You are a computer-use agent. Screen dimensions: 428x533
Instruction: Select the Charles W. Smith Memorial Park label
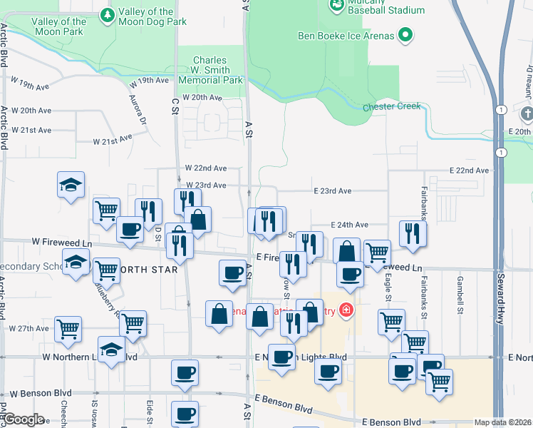210,71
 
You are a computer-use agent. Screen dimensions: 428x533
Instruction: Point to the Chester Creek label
392,107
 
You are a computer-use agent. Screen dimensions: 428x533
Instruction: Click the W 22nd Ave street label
206,168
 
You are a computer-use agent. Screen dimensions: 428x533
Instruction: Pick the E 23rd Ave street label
333,191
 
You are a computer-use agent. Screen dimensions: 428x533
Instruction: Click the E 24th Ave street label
349,225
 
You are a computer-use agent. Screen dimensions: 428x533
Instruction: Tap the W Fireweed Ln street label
62,244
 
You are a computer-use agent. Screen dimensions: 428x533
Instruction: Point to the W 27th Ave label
29,329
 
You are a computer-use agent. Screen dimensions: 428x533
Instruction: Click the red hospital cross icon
346,310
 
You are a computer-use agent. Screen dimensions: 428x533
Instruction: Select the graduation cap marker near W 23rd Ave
71,185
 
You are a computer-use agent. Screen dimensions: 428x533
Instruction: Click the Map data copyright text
502,422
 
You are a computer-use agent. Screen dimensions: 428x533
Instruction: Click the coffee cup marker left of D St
130,230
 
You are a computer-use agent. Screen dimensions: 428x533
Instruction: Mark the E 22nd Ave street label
470,170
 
